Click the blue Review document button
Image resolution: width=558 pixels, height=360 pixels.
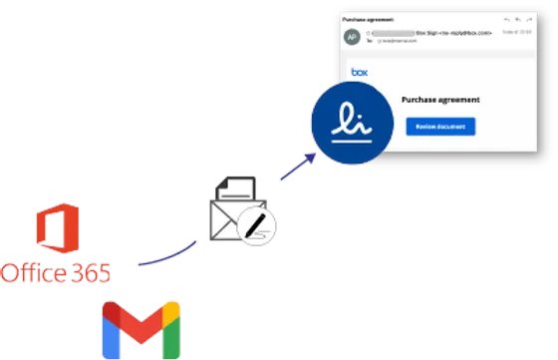[x=440, y=127]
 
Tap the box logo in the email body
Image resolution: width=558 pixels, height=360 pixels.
[x=359, y=72]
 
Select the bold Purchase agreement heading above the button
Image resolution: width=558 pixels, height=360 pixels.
[x=440, y=100]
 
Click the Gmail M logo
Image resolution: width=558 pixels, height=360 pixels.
[x=140, y=329]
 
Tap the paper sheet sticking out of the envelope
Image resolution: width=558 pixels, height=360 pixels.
[x=235, y=187]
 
